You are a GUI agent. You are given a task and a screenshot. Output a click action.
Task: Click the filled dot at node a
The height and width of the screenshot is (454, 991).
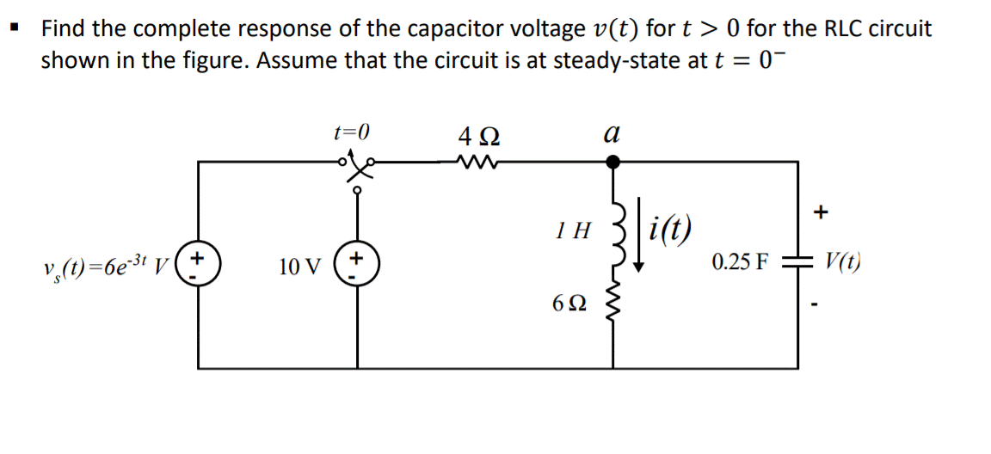(x=612, y=161)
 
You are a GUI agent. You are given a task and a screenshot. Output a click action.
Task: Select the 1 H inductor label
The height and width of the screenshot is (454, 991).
(x=573, y=230)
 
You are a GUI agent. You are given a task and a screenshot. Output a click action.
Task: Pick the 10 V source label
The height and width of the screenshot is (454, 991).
(x=299, y=267)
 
